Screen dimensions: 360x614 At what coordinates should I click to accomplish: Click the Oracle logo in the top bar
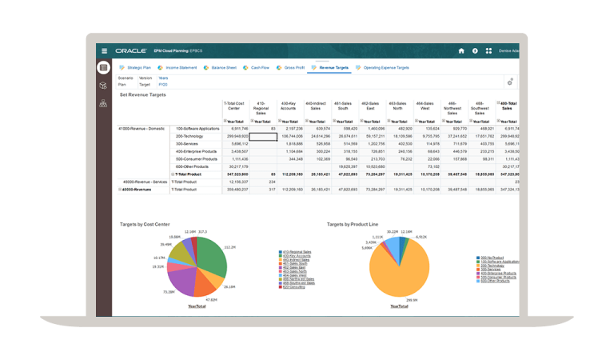point(130,50)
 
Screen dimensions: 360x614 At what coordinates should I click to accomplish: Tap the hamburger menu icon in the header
point(104,50)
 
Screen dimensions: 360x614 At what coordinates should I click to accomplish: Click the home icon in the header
point(461,50)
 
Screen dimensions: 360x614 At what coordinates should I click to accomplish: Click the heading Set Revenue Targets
point(143,94)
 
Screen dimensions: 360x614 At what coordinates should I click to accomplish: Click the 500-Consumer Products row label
point(196,158)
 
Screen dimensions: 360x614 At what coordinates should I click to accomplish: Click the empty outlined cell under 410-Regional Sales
point(263,136)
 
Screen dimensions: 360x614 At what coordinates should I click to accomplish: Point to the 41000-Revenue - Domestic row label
point(142,128)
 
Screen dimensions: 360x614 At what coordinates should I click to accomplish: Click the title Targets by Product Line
point(358,224)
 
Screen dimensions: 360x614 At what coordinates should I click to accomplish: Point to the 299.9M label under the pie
point(413,301)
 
